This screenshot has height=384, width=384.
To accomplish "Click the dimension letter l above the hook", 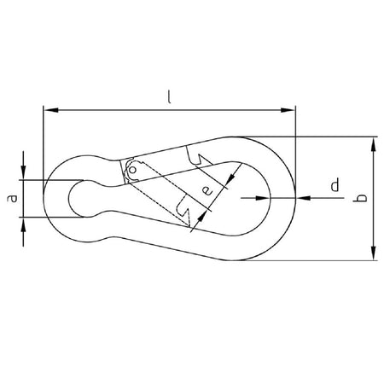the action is tap(169, 97).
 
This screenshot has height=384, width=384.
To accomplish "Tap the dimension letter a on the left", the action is tap(13, 198).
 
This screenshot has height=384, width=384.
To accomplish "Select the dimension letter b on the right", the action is tap(361, 198).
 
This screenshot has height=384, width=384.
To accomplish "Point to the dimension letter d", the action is tap(335, 185).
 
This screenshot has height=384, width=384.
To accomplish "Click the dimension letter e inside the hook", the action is tap(208, 191).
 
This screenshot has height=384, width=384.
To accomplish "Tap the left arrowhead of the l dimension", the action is tap(51, 110).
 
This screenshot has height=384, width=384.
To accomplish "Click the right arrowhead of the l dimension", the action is tap(288, 110).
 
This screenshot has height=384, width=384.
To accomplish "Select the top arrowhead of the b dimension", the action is tap(374, 144).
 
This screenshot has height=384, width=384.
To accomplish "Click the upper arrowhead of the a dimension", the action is tap(23, 173).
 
